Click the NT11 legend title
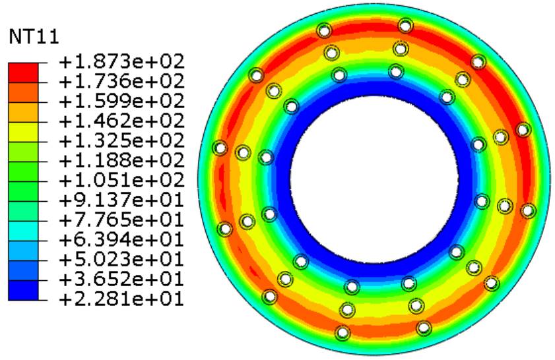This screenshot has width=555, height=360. pos(34,36)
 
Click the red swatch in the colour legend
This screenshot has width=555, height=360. pos(23,73)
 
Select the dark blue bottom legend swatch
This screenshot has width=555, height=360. pos(23,290)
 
